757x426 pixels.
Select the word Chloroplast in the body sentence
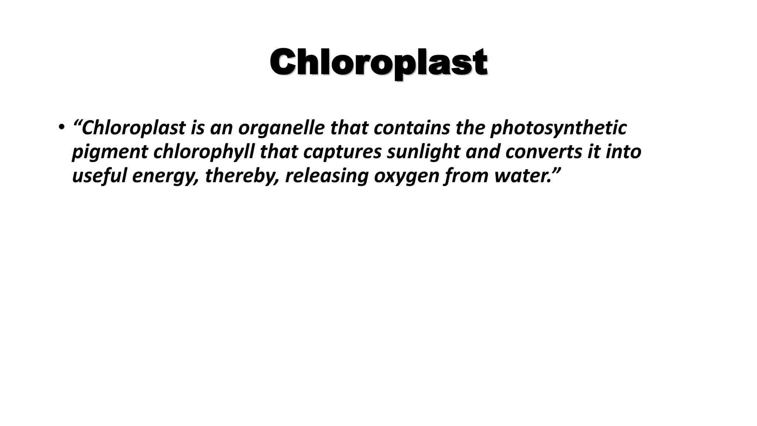click(x=133, y=128)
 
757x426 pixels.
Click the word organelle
click(x=281, y=128)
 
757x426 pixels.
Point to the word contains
click(x=411, y=128)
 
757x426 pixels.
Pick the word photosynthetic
click(x=558, y=128)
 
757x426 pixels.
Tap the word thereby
click(x=242, y=176)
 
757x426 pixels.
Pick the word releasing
click(x=327, y=176)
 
